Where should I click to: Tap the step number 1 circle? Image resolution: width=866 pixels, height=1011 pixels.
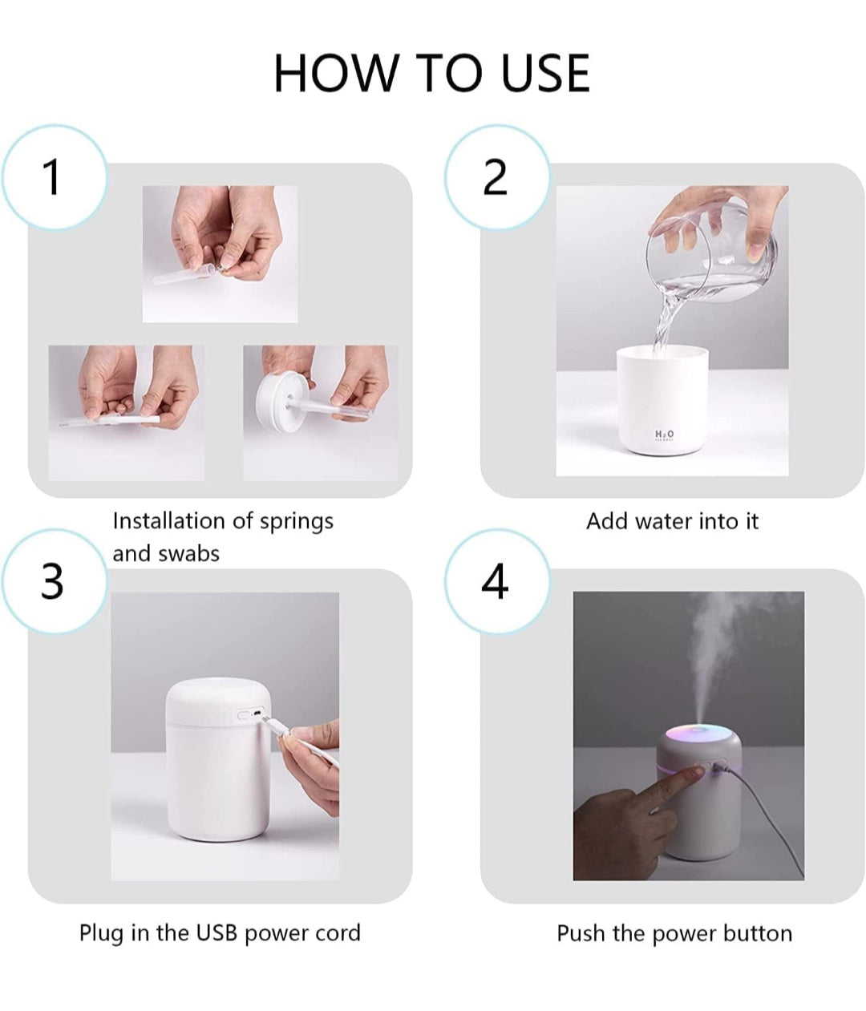(x=53, y=176)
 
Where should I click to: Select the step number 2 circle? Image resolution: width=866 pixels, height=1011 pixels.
(x=496, y=176)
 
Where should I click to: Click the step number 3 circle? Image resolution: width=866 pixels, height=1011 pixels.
(x=53, y=581)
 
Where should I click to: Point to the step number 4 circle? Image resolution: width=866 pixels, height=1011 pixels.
(x=496, y=581)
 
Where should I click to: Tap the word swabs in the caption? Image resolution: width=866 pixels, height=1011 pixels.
(x=189, y=554)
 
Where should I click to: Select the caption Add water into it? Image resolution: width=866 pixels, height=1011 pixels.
(x=672, y=521)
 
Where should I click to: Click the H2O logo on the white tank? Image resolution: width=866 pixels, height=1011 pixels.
(x=664, y=435)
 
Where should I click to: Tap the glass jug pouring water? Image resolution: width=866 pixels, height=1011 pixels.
(x=714, y=249)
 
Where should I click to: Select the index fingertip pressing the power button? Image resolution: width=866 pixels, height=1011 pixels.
(x=696, y=771)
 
